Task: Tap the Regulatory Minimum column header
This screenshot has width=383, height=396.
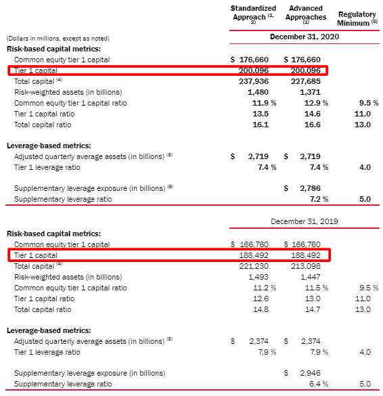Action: coord(357,18)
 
